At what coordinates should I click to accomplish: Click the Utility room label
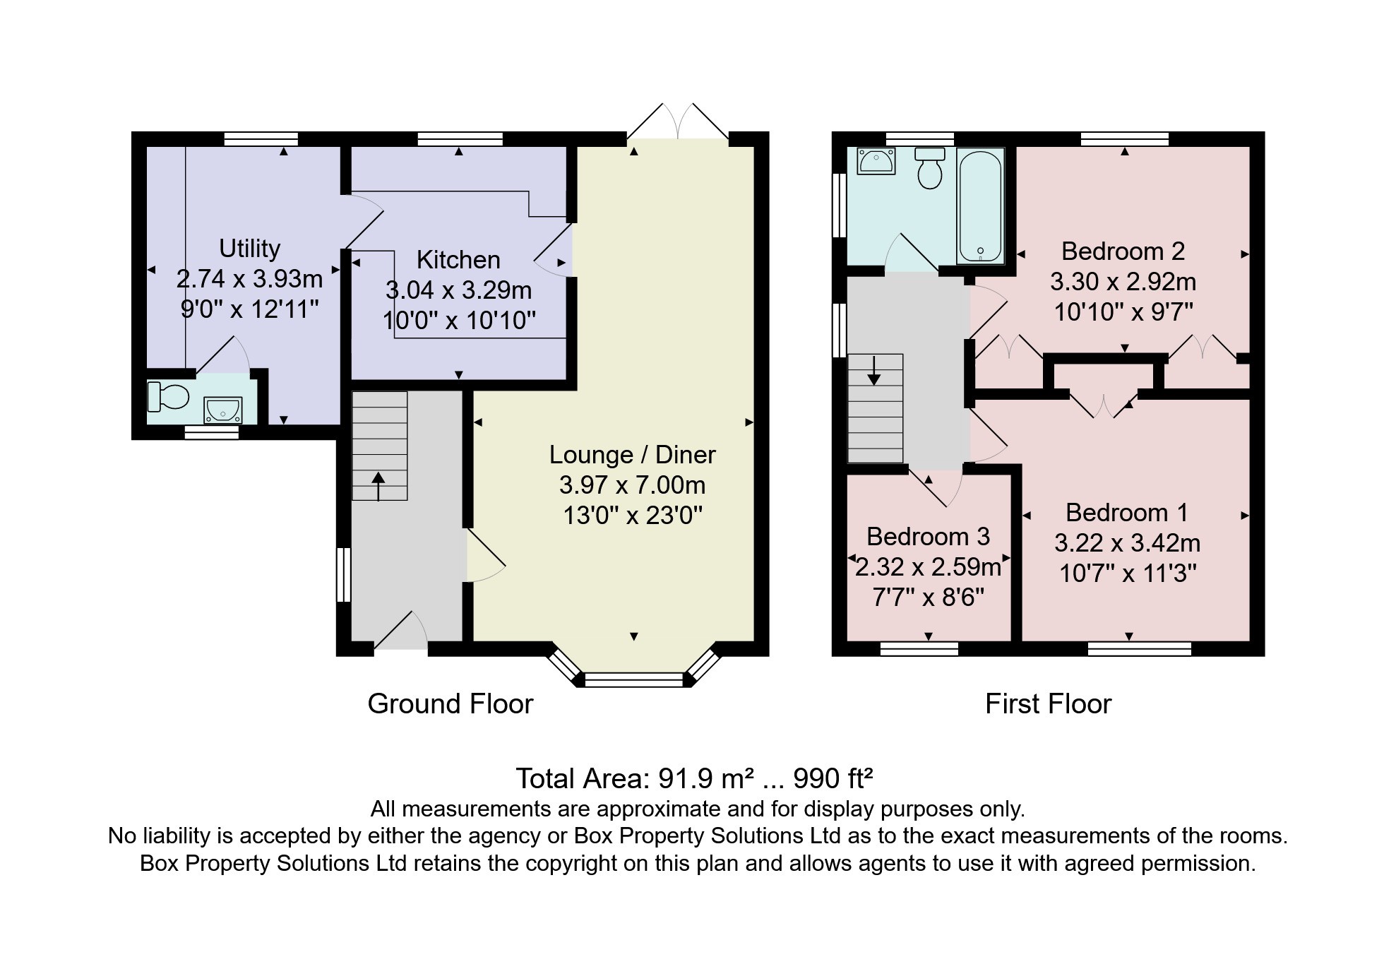(x=249, y=249)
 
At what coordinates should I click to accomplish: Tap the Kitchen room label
(x=458, y=260)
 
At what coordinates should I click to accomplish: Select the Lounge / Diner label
(x=633, y=455)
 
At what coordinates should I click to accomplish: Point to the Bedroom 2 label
(x=1123, y=251)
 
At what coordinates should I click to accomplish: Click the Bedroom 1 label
(x=1127, y=512)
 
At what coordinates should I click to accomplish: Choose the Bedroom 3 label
(x=928, y=537)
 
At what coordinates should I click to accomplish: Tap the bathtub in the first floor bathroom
(x=980, y=206)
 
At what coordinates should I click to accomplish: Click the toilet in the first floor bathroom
(x=930, y=167)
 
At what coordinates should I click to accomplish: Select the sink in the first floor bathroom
(x=876, y=160)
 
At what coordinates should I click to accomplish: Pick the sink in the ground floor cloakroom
(x=222, y=410)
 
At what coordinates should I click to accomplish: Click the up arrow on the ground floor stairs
(x=378, y=487)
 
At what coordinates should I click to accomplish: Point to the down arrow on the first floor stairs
(x=874, y=371)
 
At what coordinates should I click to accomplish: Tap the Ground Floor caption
(x=451, y=704)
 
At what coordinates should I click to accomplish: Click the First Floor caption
(x=1048, y=704)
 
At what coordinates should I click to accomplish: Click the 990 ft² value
(x=833, y=778)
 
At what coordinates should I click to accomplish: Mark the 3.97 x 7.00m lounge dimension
(x=633, y=485)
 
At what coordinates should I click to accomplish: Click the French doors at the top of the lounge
(x=678, y=121)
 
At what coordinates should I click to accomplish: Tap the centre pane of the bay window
(x=634, y=680)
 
